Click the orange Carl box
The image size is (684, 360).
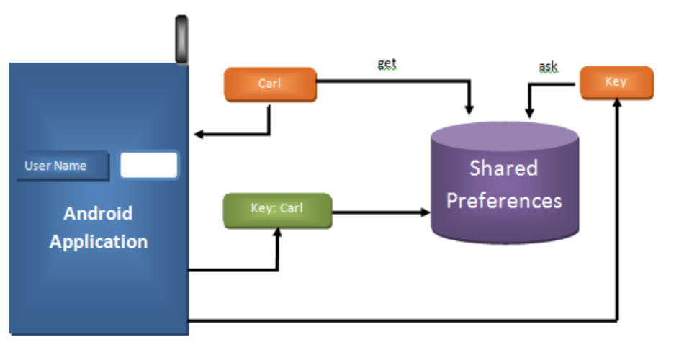click(x=270, y=84)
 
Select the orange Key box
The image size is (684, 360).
click(x=616, y=82)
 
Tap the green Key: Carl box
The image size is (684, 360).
click(x=277, y=210)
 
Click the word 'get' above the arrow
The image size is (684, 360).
click(x=387, y=63)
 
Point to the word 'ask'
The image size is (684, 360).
click(x=548, y=67)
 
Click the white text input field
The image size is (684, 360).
click(x=148, y=165)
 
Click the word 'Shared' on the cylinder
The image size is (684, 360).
click(x=503, y=168)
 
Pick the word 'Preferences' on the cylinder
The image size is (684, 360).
click(x=503, y=200)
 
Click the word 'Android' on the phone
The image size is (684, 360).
click(x=98, y=213)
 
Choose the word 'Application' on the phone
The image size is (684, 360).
click(x=98, y=241)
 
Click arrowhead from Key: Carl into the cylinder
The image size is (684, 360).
click(x=424, y=212)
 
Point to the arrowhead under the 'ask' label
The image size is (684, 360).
click(x=529, y=112)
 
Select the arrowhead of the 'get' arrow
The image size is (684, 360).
click(x=469, y=110)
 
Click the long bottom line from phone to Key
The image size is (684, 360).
click(x=403, y=320)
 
